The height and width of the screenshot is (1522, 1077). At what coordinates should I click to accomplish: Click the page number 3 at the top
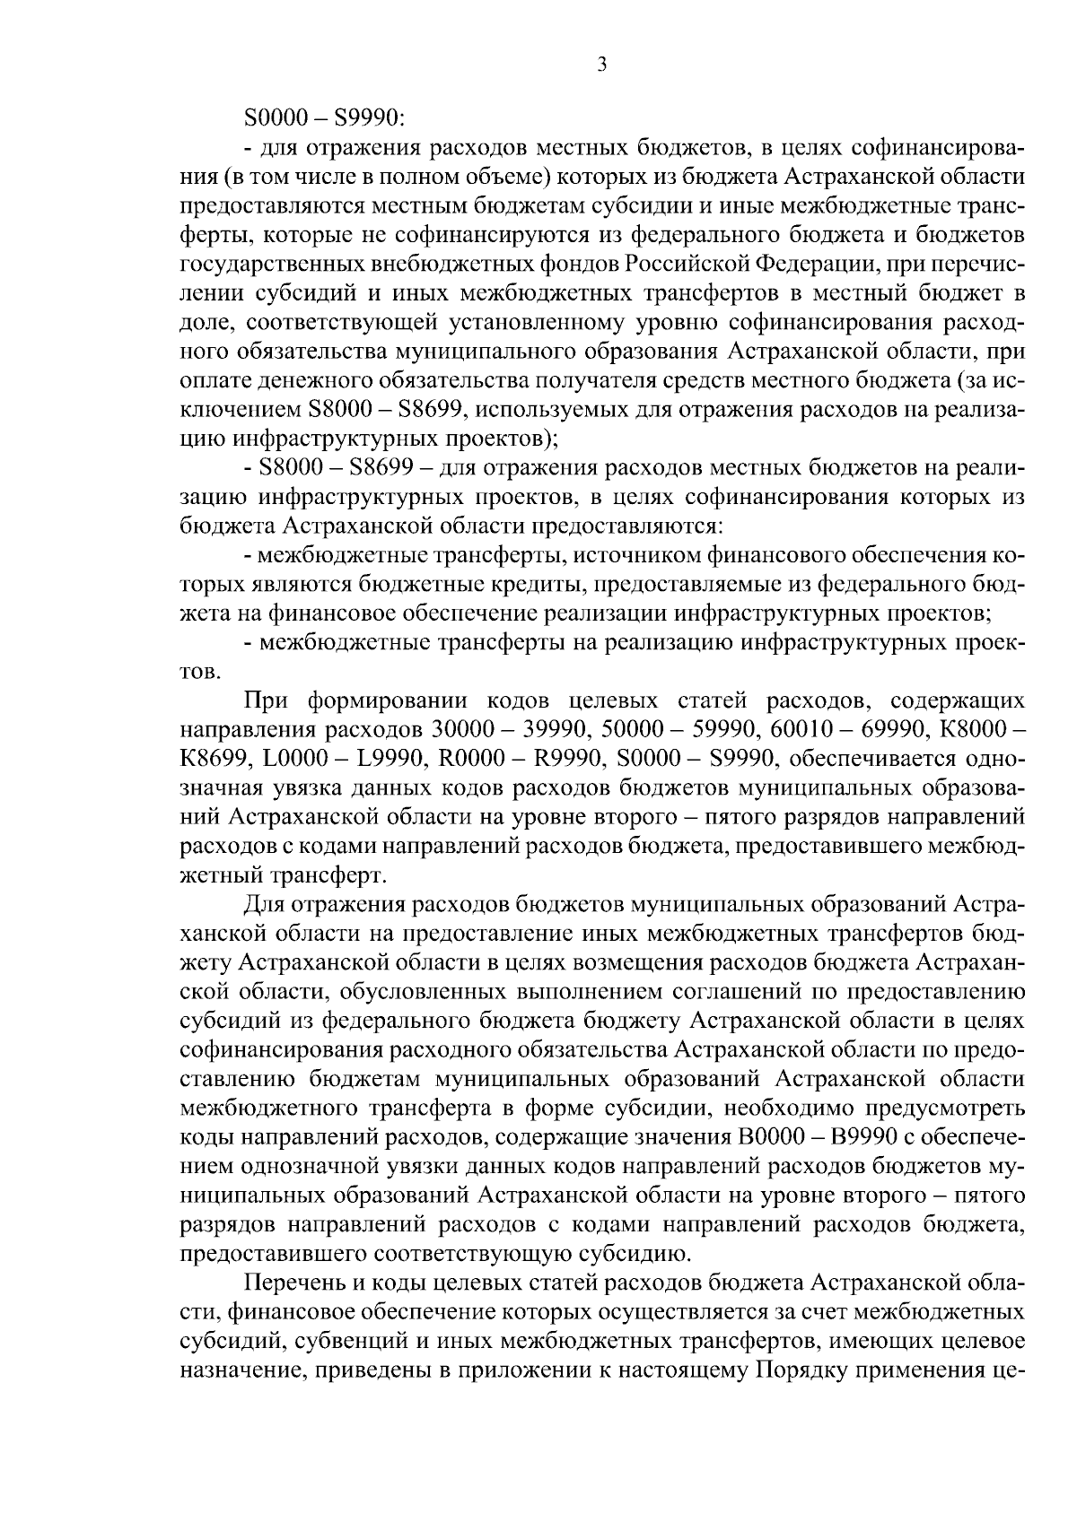tap(601, 65)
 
